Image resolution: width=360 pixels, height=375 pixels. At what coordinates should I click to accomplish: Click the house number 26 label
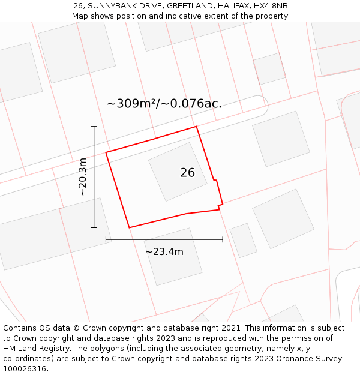click(187, 173)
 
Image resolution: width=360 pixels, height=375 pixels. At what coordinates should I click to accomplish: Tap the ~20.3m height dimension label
click(83, 177)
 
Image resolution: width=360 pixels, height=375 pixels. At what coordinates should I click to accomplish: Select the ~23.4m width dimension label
click(164, 252)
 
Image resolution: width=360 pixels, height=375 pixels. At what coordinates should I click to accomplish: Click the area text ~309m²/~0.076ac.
click(164, 103)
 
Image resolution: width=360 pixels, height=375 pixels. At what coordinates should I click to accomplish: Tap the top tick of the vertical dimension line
click(94, 127)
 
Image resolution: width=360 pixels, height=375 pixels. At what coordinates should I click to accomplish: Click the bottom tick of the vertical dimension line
click(94, 227)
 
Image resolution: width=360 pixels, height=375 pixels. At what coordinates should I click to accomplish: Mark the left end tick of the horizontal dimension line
click(106, 239)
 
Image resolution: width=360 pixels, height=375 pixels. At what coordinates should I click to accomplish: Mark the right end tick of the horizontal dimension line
click(223, 239)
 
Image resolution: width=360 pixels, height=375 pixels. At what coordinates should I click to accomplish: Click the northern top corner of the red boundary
click(196, 127)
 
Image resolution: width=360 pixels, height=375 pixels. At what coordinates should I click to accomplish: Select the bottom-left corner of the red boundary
click(130, 227)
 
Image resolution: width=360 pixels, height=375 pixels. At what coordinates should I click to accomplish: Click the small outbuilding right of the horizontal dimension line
click(243, 241)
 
